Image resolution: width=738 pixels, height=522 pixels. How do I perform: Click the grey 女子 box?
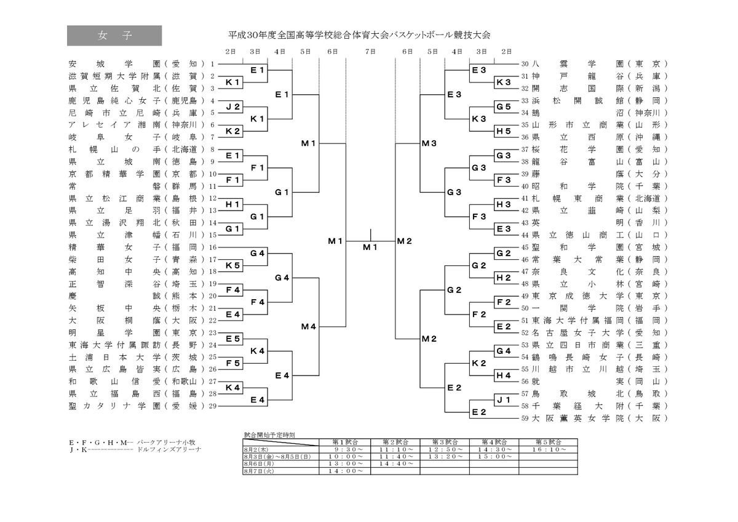114,36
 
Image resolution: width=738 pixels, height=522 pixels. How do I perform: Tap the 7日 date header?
370,51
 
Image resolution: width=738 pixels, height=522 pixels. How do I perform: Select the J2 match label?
232,106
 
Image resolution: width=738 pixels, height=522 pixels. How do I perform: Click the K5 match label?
232,265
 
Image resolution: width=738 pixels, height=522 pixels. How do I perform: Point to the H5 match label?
504,130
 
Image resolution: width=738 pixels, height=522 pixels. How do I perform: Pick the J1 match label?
504,400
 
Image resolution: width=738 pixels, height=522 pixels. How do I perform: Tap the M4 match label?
308,326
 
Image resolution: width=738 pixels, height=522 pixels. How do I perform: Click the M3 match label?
429,143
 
